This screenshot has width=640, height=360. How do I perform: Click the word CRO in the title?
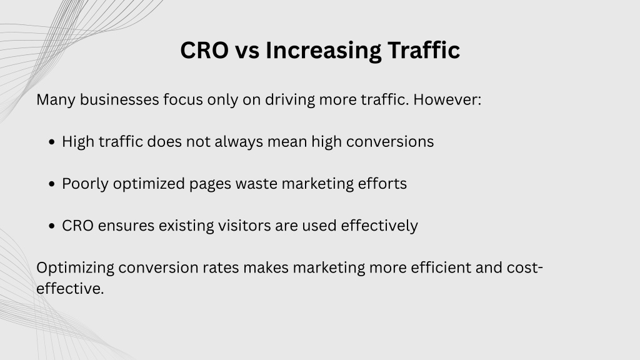pyautogui.click(x=204, y=50)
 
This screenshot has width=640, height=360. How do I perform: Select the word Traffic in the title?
pyautogui.click(x=424, y=50)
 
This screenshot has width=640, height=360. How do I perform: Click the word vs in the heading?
pyautogui.click(x=247, y=52)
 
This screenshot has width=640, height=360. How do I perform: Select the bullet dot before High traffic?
pyautogui.click(x=51, y=142)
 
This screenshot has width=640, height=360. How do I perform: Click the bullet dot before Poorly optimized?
pyautogui.click(x=51, y=184)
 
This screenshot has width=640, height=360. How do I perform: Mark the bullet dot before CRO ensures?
pyautogui.click(x=51, y=226)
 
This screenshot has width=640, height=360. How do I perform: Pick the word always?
pyautogui.click(x=239, y=142)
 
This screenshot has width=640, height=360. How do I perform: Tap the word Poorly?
pyautogui.click(x=85, y=184)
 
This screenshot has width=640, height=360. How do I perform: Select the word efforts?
pyautogui.click(x=382, y=184)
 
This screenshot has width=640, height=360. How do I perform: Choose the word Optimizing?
pyautogui.click(x=75, y=268)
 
